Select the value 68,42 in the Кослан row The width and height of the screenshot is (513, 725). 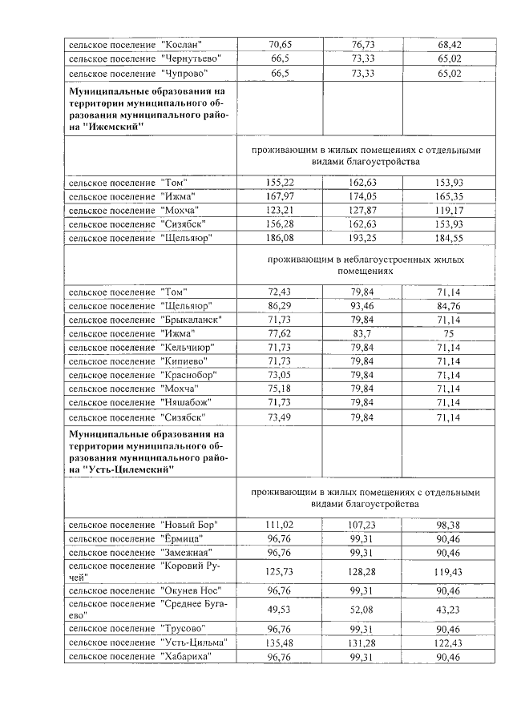pos(449,44)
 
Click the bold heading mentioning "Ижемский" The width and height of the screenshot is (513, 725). pos(149,112)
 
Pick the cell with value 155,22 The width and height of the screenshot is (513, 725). pos(281,183)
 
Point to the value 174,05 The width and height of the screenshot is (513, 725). pos(362,196)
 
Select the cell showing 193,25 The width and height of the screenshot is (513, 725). pos(362,238)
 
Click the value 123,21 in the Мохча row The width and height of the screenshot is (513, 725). pos(281,211)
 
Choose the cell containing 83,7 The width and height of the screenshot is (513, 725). pos(362,333)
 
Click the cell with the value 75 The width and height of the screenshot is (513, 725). pos(449,333)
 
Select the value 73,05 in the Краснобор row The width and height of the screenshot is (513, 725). pos(281,374)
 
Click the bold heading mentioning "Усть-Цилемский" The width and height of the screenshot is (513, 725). pos(149,453)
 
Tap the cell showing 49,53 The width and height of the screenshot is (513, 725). pos(281,611)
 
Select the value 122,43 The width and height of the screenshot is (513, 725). pos(449,643)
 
